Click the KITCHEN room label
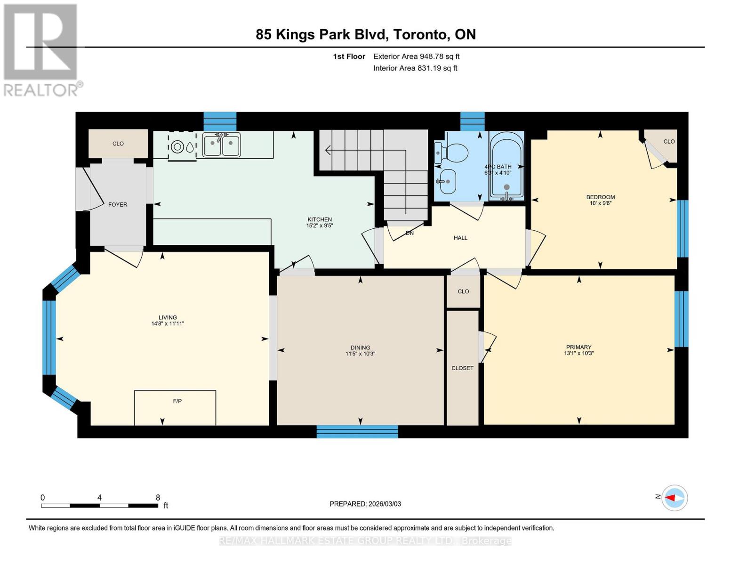click(x=320, y=219)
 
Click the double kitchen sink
click(x=221, y=144)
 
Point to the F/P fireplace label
click(x=177, y=401)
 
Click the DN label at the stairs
click(x=410, y=233)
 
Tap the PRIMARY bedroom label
click(x=578, y=347)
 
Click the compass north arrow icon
click(x=675, y=498)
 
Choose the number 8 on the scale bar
click(x=158, y=497)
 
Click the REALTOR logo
click(x=41, y=49)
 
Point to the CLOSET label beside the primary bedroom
click(x=462, y=368)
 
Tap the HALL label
click(x=460, y=238)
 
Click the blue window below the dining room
click(x=357, y=431)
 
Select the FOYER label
click(x=118, y=204)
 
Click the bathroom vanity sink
click(x=448, y=181)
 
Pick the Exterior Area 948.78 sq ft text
click(x=416, y=56)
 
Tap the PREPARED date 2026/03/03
click(x=365, y=504)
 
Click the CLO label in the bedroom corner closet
click(x=669, y=141)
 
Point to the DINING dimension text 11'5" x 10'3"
click(x=360, y=354)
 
